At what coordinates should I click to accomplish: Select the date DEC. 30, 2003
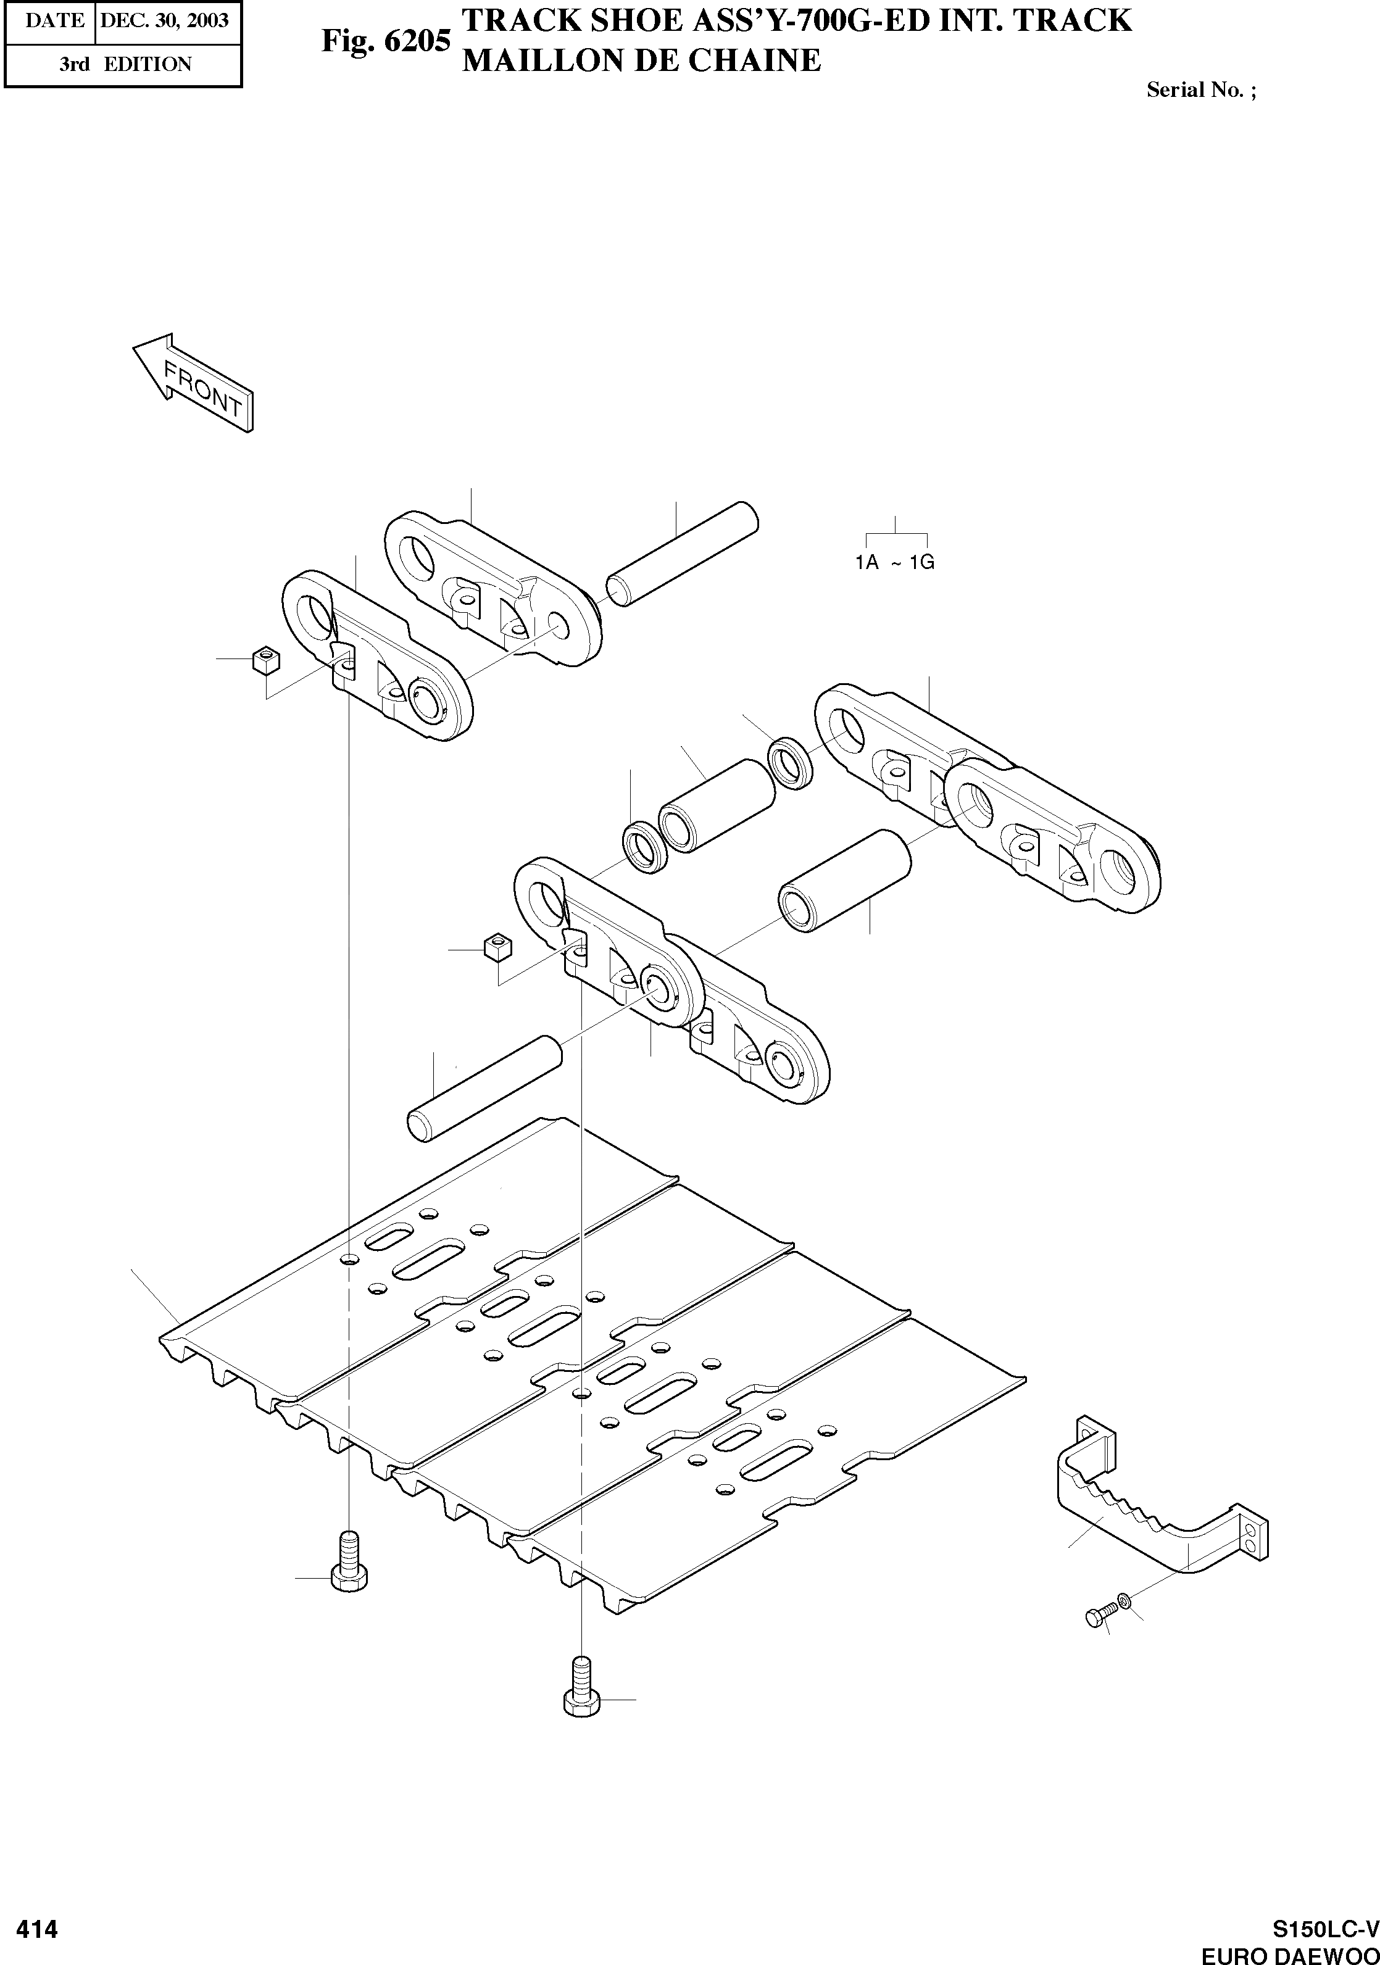pyautogui.click(x=164, y=20)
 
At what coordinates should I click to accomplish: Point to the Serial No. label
pyautogui.click(x=1201, y=90)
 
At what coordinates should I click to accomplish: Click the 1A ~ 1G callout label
pyautogui.click(x=895, y=562)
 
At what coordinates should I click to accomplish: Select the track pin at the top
pyautogui.click(x=683, y=555)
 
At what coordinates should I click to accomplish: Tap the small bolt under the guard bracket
pyautogui.click(x=1099, y=1614)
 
